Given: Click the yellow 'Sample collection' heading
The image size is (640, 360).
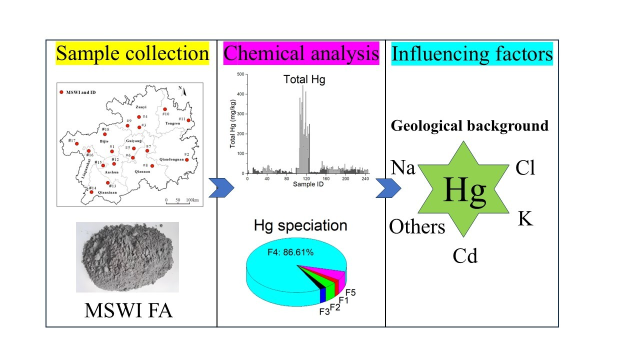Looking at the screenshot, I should pyautogui.click(x=132, y=53).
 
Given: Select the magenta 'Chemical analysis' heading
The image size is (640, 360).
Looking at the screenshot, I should pyautogui.click(x=301, y=53).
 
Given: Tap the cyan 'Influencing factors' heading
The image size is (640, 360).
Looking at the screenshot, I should pyautogui.click(x=472, y=53).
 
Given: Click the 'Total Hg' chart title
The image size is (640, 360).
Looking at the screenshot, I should pyautogui.click(x=304, y=79).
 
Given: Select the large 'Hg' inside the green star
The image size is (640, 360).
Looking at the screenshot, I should pyautogui.click(x=464, y=190).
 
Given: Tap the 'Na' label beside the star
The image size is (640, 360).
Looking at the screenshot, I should pyautogui.click(x=402, y=168).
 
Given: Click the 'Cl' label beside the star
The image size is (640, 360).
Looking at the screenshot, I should pyautogui.click(x=525, y=168).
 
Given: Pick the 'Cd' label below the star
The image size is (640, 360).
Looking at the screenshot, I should pyautogui.click(x=465, y=256).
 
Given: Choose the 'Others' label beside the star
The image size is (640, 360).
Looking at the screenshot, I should pyautogui.click(x=417, y=227).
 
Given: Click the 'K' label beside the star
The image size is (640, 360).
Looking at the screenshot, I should pyautogui.click(x=525, y=218).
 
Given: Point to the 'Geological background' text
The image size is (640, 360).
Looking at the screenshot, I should pyautogui.click(x=469, y=125).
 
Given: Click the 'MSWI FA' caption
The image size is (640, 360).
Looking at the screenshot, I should pyautogui.click(x=128, y=311).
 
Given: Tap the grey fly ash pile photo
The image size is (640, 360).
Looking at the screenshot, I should pyautogui.click(x=127, y=256).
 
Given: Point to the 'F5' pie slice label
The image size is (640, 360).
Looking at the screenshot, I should pyautogui.click(x=350, y=293).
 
